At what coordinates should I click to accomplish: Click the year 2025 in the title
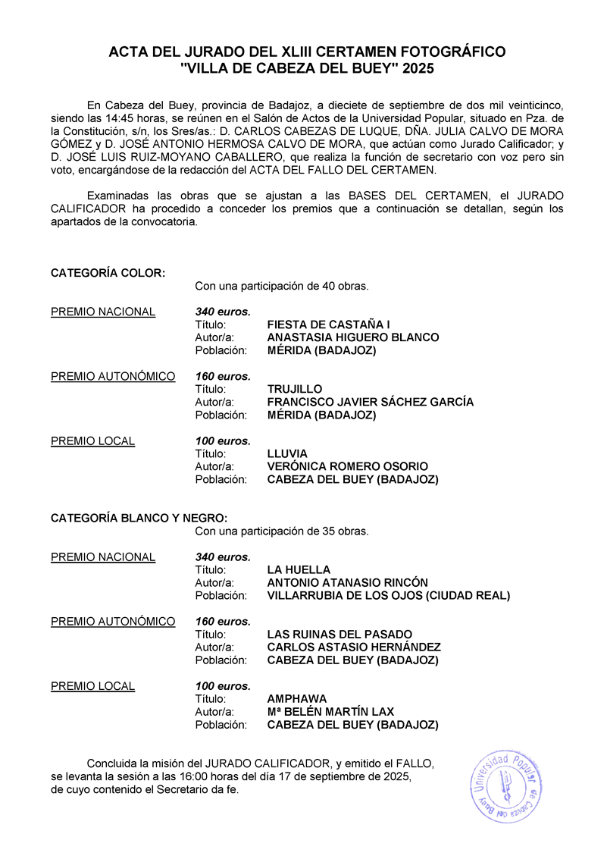point(420,67)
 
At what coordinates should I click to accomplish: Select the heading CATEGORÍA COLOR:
point(108,273)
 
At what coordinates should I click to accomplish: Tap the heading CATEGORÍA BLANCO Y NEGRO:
point(139,518)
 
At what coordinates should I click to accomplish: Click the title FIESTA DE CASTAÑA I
point(329,324)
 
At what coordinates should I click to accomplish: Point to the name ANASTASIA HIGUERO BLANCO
point(353,337)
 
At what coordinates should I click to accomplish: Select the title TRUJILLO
point(295,389)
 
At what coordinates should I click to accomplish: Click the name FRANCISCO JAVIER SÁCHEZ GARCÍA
point(371,402)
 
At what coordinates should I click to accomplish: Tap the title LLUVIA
point(287,453)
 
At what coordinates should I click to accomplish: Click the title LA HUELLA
point(299,569)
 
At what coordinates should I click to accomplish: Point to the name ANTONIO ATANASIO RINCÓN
point(348,582)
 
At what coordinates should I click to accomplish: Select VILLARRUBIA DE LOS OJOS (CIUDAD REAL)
point(389,595)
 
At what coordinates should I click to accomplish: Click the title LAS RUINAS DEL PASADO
point(340,634)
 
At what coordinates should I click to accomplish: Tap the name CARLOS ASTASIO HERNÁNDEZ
point(354,647)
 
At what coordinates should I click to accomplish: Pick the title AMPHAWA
point(297,698)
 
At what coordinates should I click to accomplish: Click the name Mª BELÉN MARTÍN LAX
point(330,711)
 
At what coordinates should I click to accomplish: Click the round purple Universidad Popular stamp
point(506,786)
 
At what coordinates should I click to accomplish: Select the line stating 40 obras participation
point(281,286)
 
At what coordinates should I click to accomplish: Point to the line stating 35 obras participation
point(281,531)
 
